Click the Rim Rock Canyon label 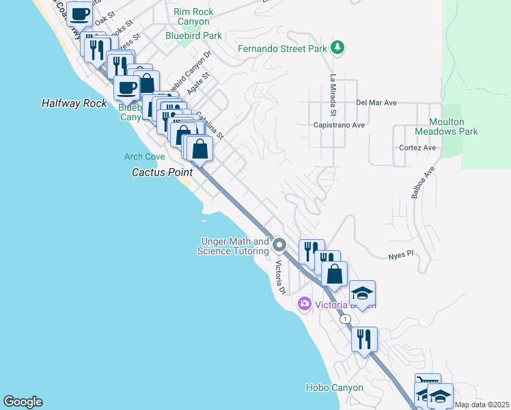pos(193,17)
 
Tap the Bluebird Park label pos(194,35)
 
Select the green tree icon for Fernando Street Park pos(337,47)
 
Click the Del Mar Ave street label pos(376,102)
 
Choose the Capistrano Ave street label pos(339,125)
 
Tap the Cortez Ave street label pos(417,148)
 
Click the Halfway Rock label pos(74,103)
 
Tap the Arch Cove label pos(144,156)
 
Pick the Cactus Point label pos(162,173)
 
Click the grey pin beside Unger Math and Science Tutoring pos(279,245)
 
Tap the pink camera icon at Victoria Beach pos(304,303)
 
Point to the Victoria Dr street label pos(279,277)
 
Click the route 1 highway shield pos(346,319)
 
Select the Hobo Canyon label pos(334,387)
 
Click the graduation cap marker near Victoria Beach pos(363,293)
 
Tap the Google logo pos(23,402)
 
